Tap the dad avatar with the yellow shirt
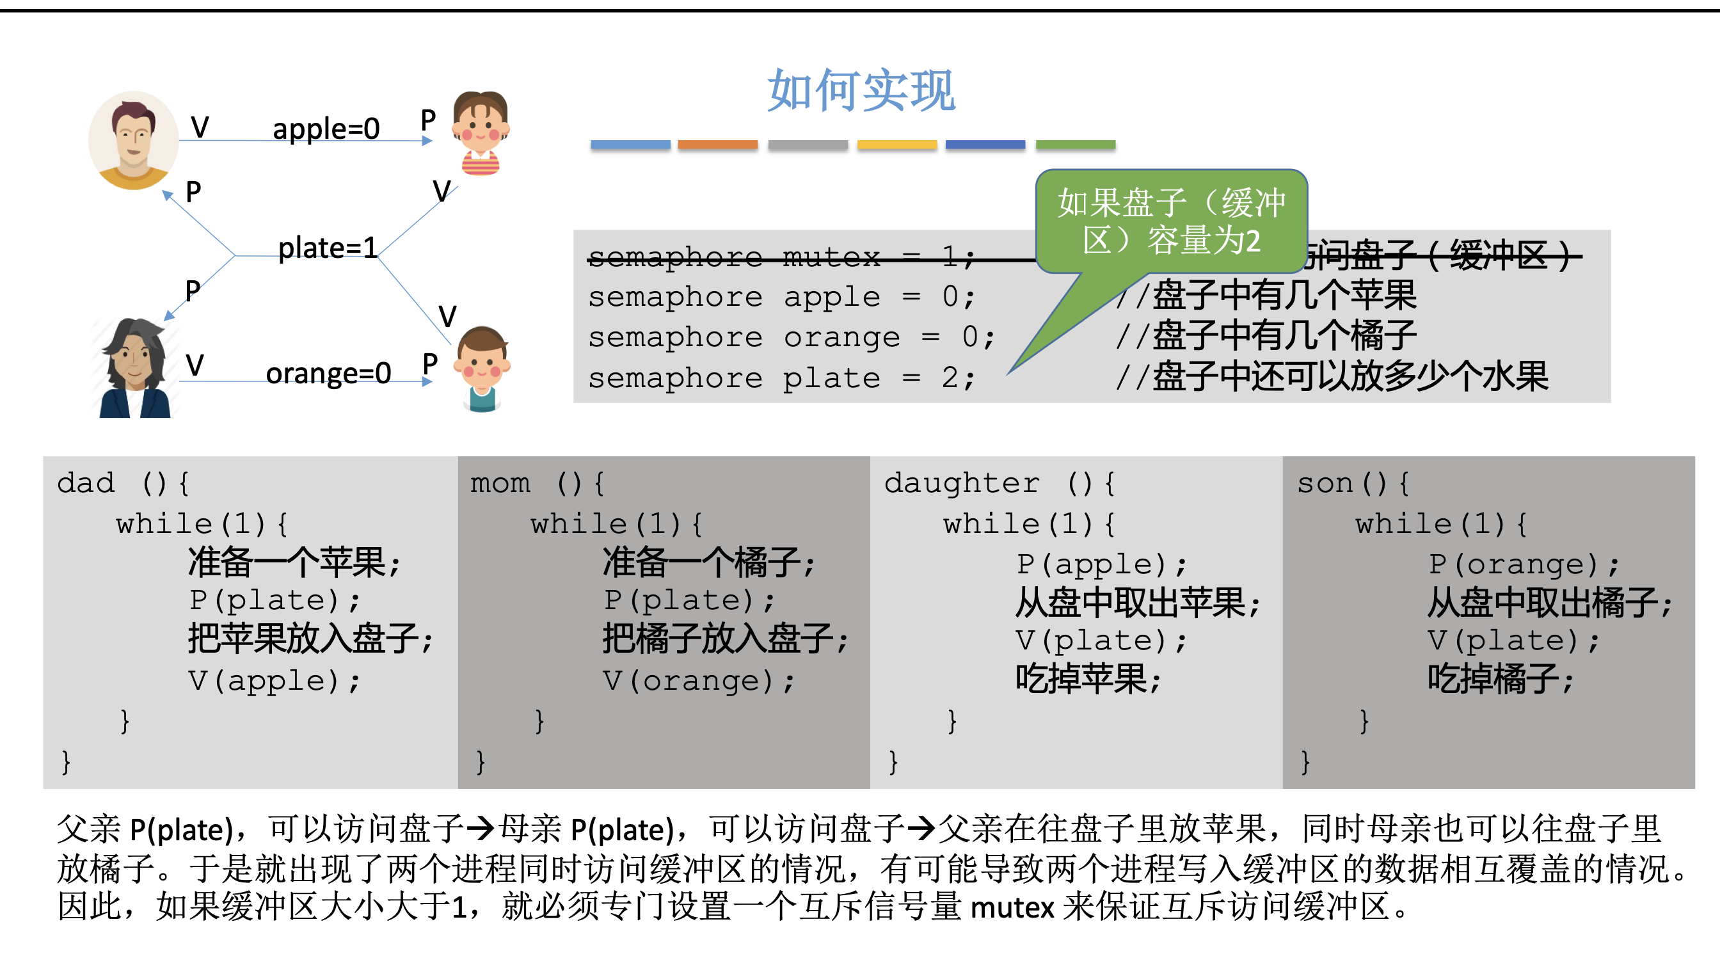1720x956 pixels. point(134,140)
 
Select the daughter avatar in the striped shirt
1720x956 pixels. point(480,132)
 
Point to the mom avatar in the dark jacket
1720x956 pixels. point(135,369)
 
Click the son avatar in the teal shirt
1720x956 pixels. point(481,369)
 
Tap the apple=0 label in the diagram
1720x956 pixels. point(326,128)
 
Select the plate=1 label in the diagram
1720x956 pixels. point(327,248)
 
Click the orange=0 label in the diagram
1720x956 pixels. point(328,373)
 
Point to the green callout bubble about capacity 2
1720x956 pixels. point(1171,221)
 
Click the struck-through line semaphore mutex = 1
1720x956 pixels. point(781,257)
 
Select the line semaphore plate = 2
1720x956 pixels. point(781,379)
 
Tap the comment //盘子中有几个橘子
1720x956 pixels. point(1266,337)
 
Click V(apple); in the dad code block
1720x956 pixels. point(275,681)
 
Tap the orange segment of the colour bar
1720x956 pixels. point(718,144)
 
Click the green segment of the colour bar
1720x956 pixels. point(1075,144)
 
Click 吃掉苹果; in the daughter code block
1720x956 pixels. point(1088,680)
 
